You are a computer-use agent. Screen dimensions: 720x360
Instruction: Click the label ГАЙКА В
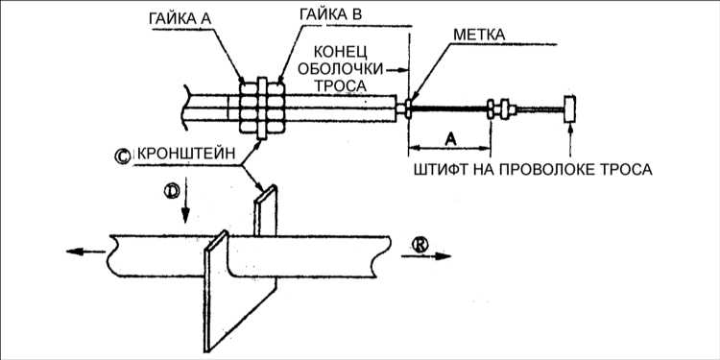tap(330, 13)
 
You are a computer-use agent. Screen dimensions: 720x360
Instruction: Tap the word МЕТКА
tap(479, 35)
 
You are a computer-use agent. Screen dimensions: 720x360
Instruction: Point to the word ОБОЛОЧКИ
tap(341, 68)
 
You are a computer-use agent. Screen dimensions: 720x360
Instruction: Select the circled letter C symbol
tap(123, 156)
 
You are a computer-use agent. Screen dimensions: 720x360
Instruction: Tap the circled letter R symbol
tap(420, 245)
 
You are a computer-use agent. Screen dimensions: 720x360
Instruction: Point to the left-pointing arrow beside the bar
tap(85, 252)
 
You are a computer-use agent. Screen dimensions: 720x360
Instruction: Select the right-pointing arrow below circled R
tap(426, 256)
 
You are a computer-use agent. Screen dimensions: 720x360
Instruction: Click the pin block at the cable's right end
tap(570, 109)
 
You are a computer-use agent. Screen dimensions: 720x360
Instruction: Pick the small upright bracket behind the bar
tap(266, 210)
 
